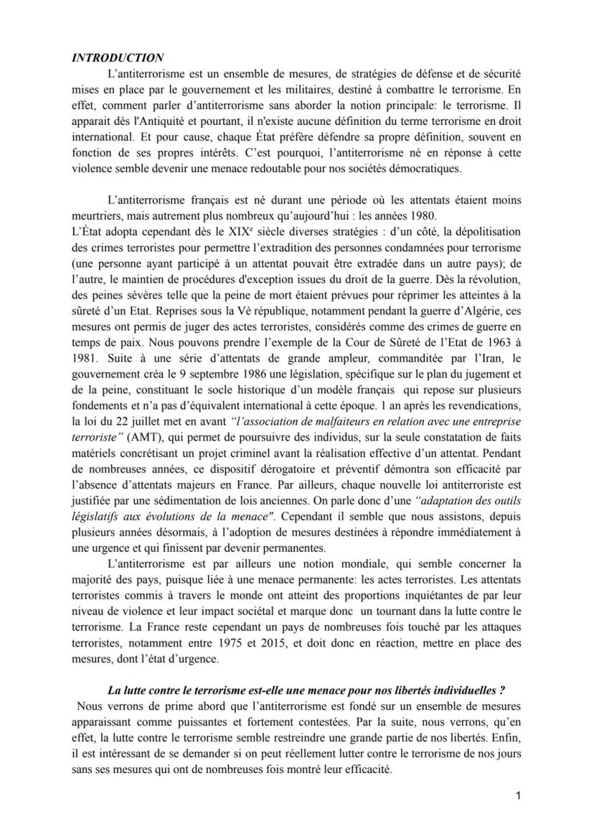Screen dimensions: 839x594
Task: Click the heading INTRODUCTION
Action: tap(118, 58)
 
